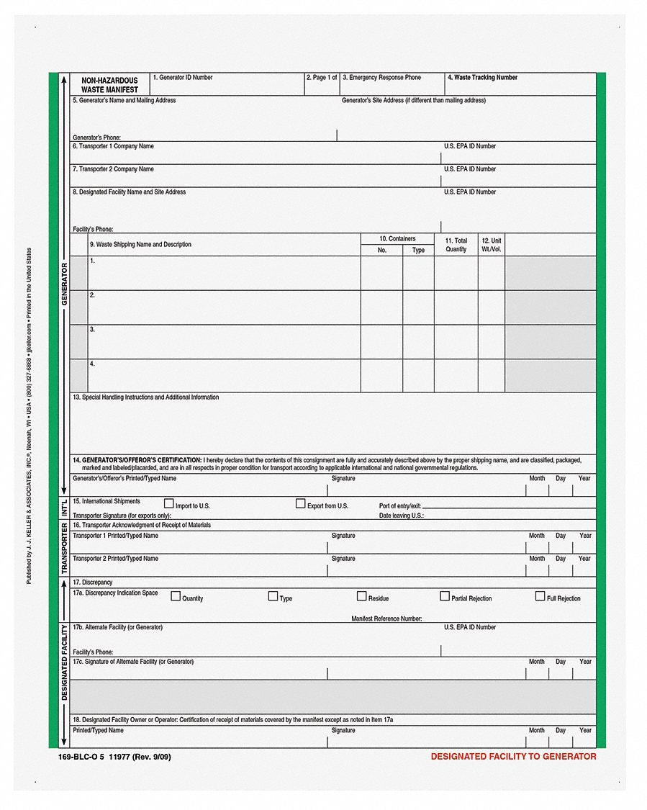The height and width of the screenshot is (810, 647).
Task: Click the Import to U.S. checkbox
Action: pos(169,504)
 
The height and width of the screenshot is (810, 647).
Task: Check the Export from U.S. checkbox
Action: pos(301,504)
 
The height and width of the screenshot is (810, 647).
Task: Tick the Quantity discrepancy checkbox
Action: pos(176,596)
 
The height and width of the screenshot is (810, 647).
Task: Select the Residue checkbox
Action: pos(362,596)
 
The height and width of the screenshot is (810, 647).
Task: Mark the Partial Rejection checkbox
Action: pos(445,596)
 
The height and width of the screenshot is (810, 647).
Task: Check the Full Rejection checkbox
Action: pos(540,596)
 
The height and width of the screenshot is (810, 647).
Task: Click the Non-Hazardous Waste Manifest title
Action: pos(109,86)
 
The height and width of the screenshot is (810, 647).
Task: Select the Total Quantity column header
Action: pos(456,245)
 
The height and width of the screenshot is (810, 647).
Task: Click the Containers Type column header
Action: pos(418,251)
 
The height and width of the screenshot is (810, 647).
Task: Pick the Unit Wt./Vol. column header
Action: pos(491,245)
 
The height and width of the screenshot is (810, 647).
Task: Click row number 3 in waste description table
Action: pos(92,330)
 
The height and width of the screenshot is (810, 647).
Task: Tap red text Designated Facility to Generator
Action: pos(513,757)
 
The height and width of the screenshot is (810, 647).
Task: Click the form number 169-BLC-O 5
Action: pos(81,757)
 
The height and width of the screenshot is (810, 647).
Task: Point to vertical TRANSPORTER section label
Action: pos(63,547)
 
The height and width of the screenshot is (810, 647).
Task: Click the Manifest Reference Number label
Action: pos(386,618)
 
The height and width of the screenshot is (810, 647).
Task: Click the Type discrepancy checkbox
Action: pos(273,596)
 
